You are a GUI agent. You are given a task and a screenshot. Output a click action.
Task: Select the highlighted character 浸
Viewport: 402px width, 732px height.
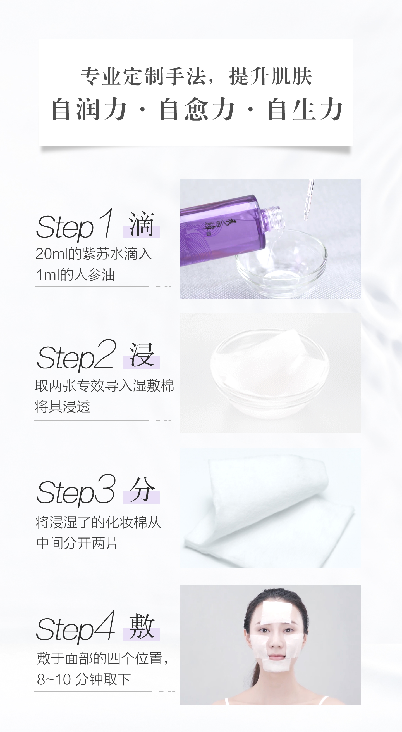(x=142, y=356)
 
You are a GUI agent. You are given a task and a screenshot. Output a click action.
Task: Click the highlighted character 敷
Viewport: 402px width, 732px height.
(x=142, y=627)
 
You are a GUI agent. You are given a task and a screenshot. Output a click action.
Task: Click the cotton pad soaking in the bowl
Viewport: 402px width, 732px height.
(x=270, y=367)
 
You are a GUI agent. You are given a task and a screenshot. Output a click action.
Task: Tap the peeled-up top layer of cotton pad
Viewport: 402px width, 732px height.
(x=267, y=483)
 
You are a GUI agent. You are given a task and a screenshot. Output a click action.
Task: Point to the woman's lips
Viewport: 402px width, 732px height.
(x=276, y=656)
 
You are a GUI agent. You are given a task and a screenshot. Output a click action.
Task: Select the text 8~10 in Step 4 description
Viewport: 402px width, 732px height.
(x=54, y=679)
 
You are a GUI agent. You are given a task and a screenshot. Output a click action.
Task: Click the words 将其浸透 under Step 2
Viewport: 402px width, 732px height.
(x=63, y=406)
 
